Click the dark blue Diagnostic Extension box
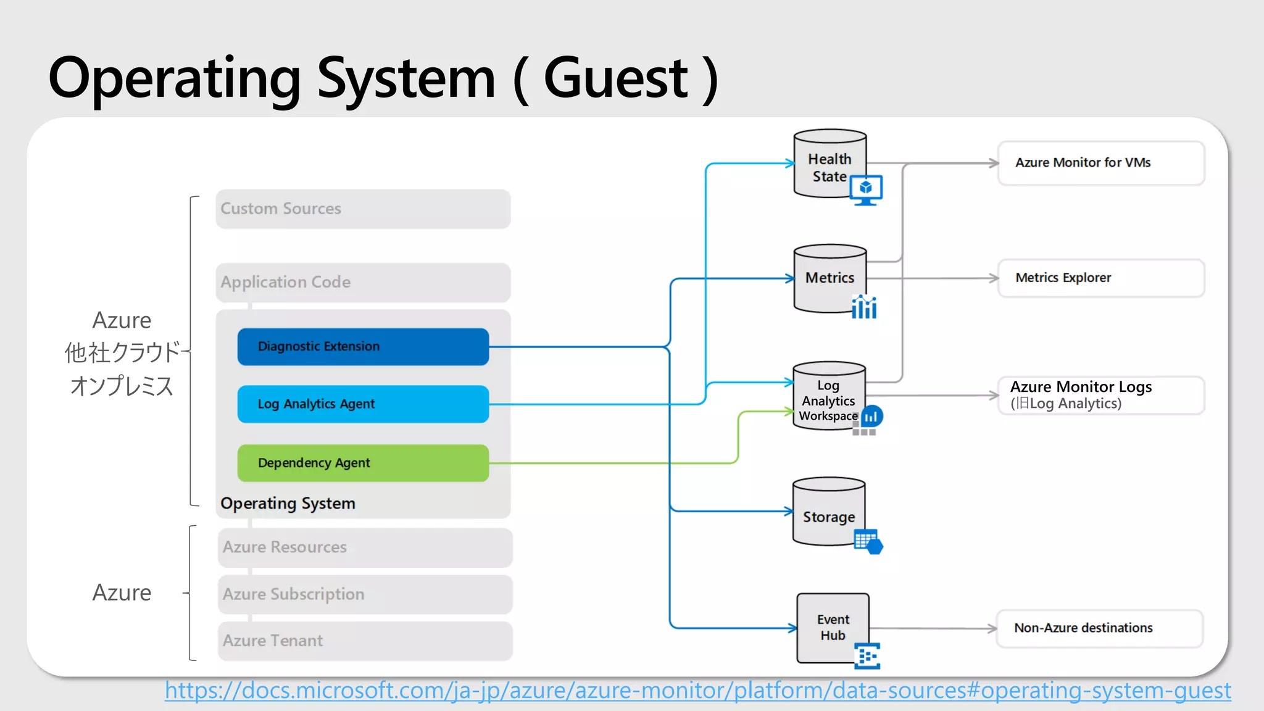[x=363, y=346]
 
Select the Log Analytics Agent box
[x=363, y=404]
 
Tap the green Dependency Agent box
[x=363, y=463]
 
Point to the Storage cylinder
[x=828, y=512]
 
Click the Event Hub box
[x=833, y=627]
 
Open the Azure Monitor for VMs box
[x=1100, y=163]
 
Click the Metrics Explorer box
[x=1100, y=278]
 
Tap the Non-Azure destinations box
[x=1099, y=628]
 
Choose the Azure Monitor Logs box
[x=1100, y=395]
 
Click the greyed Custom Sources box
[x=363, y=209]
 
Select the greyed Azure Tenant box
[x=364, y=641]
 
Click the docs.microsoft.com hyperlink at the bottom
[x=697, y=691]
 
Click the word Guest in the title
[x=615, y=78]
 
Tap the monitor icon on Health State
[x=866, y=189]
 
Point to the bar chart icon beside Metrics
[x=864, y=306]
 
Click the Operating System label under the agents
[x=288, y=503]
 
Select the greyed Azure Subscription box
[x=364, y=594]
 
